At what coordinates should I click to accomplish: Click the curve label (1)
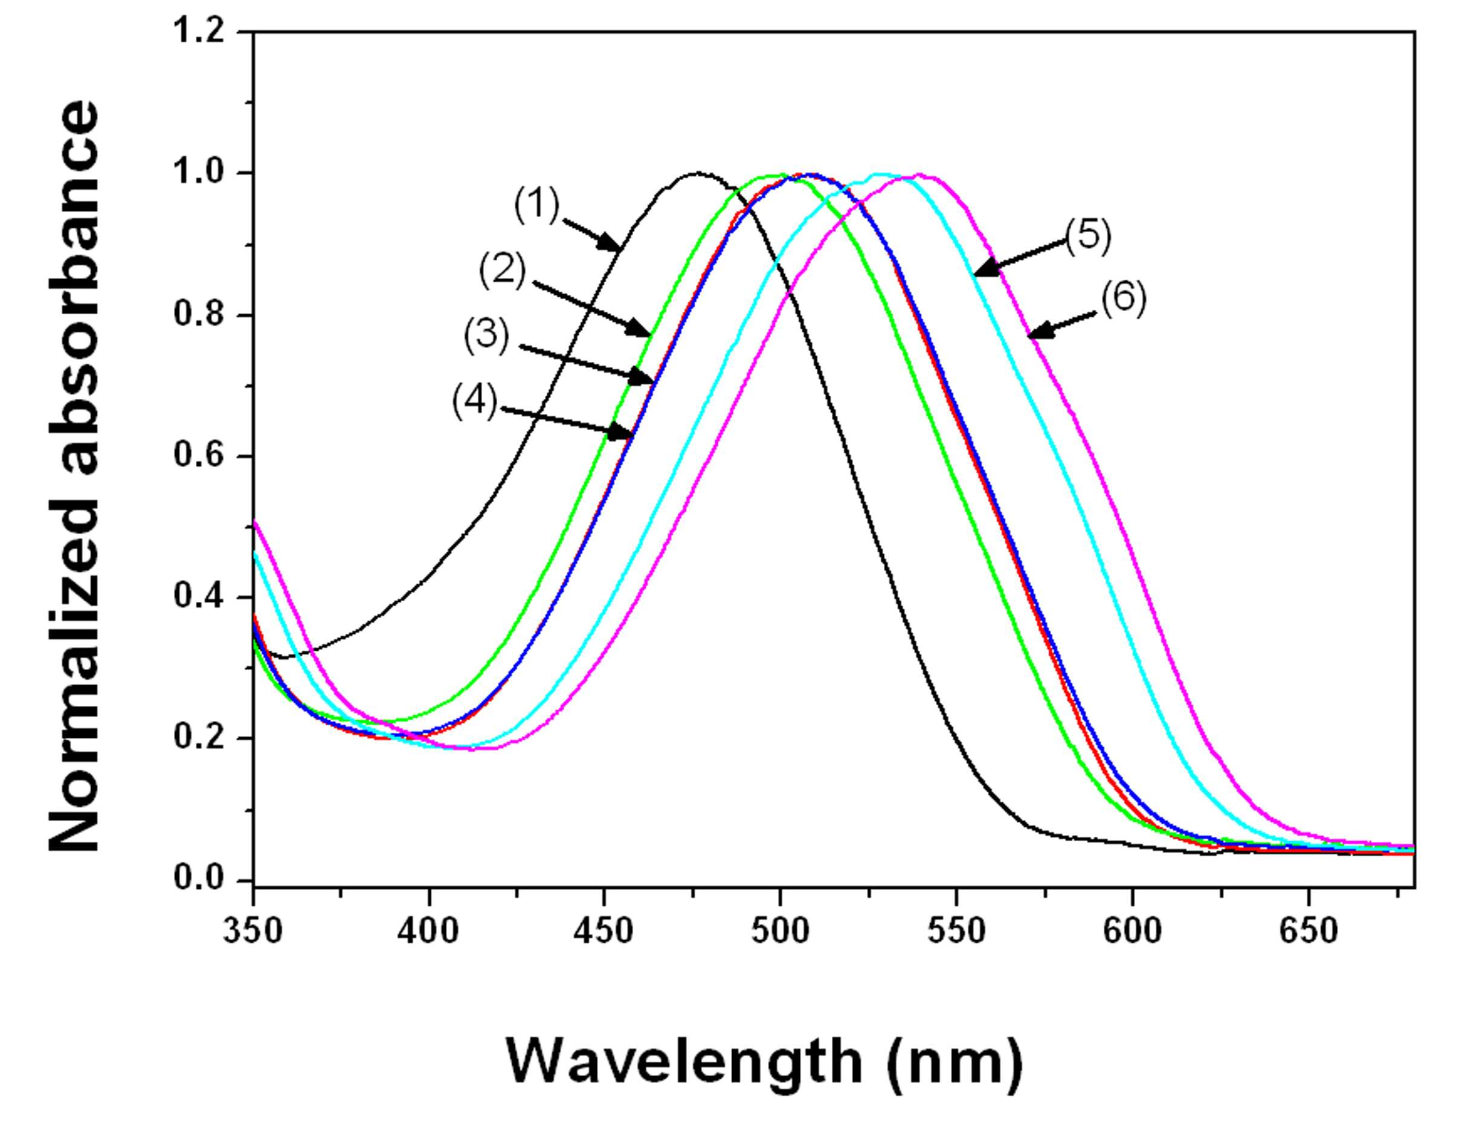(536, 205)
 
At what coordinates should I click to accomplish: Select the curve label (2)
(503, 271)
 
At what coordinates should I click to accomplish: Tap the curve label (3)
(487, 335)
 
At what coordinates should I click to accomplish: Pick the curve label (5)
(1089, 236)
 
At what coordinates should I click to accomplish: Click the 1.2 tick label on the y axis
(199, 31)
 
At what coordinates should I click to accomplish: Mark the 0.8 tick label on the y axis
(199, 314)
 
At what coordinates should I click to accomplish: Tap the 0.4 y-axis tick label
(199, 596)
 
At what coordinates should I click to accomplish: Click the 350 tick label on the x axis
(254, 931)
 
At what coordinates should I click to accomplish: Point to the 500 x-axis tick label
(780, 931)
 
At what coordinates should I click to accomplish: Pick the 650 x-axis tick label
(1308, 931)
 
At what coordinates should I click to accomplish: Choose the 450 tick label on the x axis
(604, 931)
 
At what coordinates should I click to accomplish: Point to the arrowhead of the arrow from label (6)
(1038, 331)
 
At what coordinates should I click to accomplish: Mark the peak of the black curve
(698, 173)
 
